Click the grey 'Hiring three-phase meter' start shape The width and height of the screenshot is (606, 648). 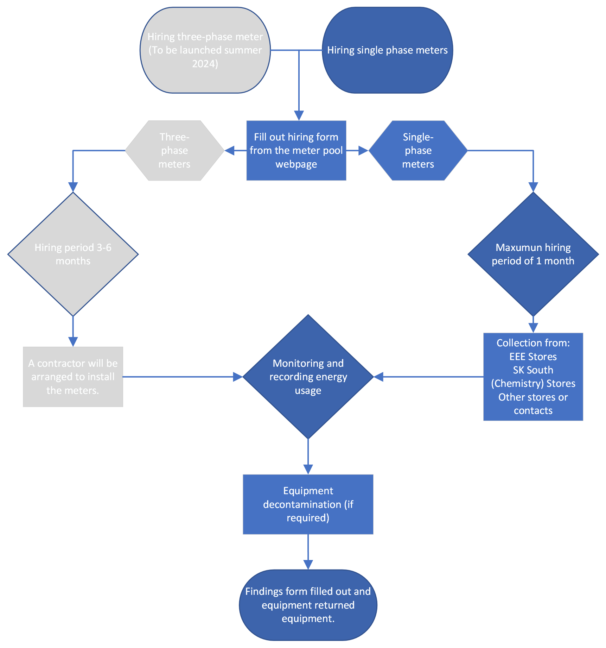205,50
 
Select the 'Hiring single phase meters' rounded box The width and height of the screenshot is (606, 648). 387,50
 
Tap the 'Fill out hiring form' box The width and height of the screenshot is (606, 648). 296,151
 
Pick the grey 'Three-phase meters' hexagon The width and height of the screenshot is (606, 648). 174,151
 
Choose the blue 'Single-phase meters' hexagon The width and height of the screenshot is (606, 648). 418,151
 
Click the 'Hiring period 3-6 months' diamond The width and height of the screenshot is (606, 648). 73,254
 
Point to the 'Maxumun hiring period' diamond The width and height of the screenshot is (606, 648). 533,254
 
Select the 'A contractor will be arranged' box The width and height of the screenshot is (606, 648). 73,377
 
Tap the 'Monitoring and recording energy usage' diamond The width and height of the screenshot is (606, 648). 308,377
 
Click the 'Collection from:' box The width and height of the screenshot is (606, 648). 533,377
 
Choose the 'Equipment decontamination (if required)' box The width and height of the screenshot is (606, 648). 308,504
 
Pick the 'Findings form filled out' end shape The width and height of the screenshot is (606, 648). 308,605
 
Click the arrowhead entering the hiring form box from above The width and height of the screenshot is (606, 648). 299,116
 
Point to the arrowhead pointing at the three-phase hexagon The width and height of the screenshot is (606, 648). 230,151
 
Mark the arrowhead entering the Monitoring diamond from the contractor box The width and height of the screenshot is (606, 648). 238,377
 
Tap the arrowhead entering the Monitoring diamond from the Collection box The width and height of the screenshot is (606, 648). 378,377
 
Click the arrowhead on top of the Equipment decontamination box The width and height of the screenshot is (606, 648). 308,470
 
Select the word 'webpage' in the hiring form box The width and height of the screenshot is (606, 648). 296,164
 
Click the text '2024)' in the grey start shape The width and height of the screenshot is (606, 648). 205,64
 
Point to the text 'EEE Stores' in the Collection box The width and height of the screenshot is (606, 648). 533,357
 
